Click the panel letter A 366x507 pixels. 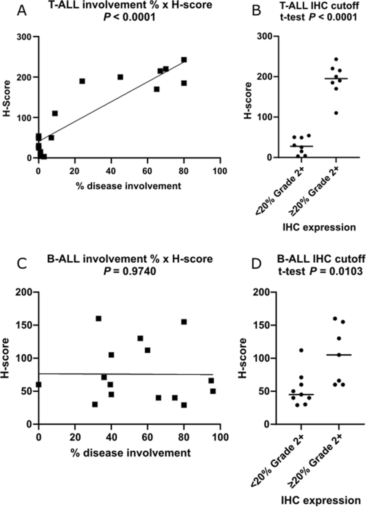coord(22,11)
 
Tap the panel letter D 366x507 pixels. coord(256,264)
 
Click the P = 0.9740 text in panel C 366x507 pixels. coord(130,271)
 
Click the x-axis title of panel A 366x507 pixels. coord(129,186)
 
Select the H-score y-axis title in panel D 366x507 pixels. coord(242,358)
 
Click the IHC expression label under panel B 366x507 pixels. coord(319,227)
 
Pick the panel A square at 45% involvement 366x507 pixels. coord(120,77)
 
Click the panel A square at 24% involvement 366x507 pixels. coord(82,81)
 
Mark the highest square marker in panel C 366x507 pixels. coord(99,318)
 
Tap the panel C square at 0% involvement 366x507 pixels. coord(39,384)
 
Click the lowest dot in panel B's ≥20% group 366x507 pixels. coord(336,113)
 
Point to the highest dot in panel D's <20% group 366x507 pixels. coord(301,350)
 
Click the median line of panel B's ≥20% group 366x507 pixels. coord(336,79)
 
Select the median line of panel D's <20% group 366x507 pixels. coord(301,395)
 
